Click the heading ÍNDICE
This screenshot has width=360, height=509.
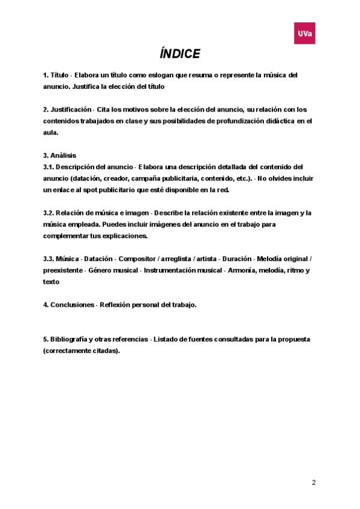180,54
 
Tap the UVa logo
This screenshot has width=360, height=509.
304,34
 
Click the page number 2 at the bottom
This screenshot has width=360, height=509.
313,482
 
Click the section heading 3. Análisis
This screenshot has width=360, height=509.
60,155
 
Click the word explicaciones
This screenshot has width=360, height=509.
121,236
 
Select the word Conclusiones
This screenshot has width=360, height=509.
71,305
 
